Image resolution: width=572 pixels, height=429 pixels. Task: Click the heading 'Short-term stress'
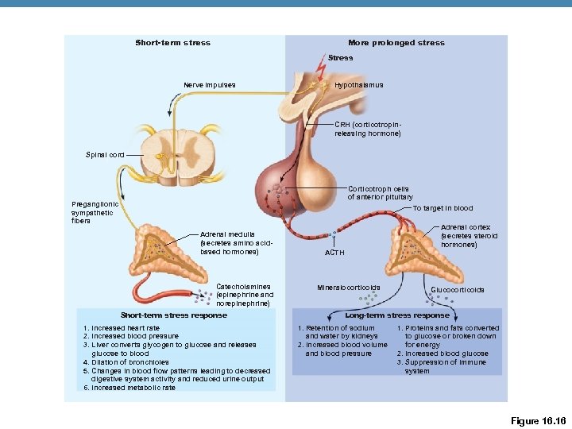click(172, 43)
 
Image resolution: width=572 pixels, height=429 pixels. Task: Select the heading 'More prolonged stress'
click(396, 43)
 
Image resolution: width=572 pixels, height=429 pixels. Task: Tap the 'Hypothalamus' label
click(359, 85)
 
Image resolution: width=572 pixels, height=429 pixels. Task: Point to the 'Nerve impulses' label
click(209, 85)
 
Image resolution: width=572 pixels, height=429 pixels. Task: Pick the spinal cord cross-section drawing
click(180, 153)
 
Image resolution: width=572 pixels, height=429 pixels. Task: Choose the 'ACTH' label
click(334, 253)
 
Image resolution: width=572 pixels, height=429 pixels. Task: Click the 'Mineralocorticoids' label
click(349, 287)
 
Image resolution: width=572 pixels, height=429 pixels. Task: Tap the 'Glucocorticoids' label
click(457, 290)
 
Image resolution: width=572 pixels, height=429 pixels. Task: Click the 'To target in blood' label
click(443, 208)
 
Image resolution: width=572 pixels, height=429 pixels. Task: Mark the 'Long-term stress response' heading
click(397, 315)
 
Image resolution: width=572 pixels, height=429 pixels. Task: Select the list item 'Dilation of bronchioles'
click(126, 362)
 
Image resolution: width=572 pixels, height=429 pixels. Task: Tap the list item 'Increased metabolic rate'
click(130, 388)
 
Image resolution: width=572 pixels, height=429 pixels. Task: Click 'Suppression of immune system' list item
click(448, 366)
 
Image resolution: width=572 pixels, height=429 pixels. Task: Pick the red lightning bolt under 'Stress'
click(319, 71)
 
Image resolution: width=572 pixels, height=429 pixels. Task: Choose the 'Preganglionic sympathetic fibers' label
click(95, 212)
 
